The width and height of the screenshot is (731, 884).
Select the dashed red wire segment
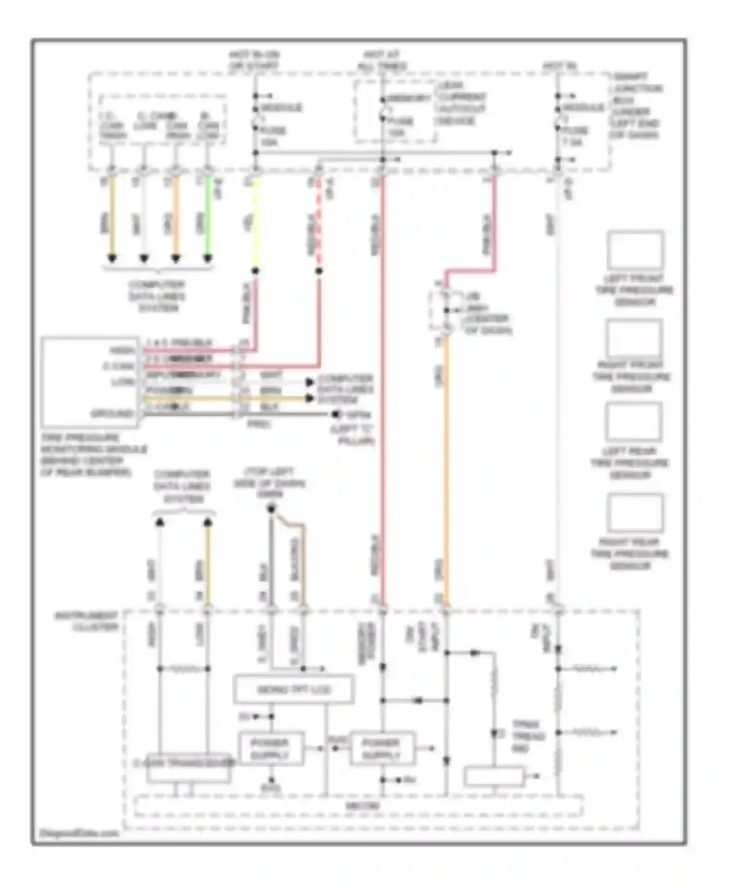click(319, 224)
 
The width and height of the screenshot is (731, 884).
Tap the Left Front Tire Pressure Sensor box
click(635, 250)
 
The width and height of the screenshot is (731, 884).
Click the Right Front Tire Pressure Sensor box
click(634, 338)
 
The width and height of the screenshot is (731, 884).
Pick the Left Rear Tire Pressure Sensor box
click(633, 422)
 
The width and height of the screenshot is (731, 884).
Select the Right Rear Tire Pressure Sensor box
click(635, 513)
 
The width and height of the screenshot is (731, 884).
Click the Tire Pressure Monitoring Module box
click(90, 382)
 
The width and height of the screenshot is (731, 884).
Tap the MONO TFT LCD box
click(293, 690)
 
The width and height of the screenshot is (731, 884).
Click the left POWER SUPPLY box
click(271, 749)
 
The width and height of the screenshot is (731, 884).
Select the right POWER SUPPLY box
click(382, 749)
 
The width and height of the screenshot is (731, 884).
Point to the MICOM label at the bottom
click(362, 807)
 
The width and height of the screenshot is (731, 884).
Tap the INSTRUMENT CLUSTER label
click(87, 621)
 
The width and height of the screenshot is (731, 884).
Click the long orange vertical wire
click(446, 468)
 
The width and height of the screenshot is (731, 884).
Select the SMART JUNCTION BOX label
click(636, 105)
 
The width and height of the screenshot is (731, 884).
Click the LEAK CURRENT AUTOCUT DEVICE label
click(461, 102)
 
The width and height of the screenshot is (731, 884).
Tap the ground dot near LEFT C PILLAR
click(335, 415)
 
